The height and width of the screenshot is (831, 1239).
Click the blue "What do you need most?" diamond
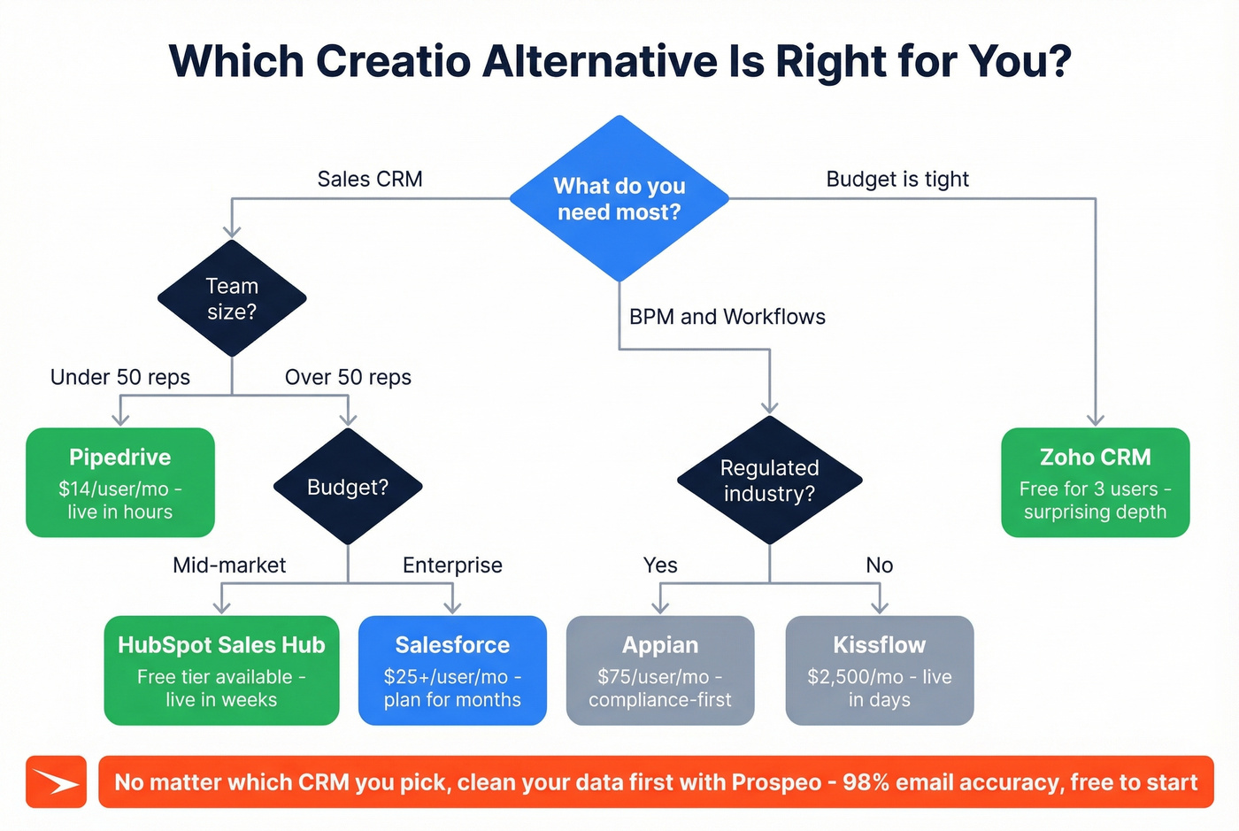619,198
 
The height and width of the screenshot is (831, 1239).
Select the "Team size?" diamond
232,298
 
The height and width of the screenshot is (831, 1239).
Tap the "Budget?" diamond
348,487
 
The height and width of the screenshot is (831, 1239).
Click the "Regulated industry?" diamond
769,481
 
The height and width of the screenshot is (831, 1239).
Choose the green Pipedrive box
120,482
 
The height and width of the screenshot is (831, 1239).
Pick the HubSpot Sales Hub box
221,671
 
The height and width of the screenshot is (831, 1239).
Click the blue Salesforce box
452,671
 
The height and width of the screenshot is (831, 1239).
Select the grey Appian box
660,671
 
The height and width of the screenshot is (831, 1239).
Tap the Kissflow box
880,671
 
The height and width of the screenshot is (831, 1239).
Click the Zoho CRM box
1095,482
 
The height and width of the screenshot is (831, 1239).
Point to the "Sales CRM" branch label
370,179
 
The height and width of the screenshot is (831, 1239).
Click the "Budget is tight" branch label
897,179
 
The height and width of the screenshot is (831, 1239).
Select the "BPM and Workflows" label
727,317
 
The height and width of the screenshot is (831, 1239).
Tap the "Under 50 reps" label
120,377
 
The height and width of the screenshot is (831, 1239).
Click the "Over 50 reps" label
348,377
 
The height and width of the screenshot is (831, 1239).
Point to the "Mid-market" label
229,565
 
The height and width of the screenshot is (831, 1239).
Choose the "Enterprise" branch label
452,565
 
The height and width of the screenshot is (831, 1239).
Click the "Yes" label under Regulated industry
660,565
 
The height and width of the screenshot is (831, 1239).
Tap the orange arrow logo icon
56,782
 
